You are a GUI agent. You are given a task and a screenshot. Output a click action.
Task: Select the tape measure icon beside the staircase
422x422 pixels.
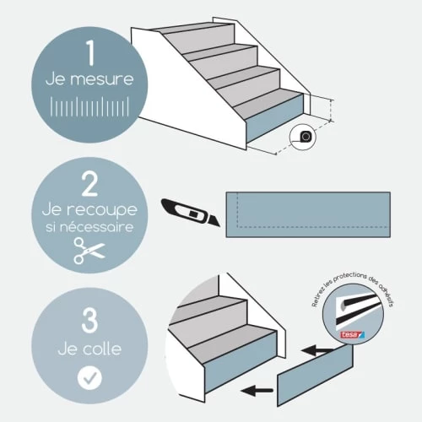[x=303, y=136]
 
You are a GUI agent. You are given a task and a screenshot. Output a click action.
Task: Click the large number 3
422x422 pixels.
[x=90, y=322]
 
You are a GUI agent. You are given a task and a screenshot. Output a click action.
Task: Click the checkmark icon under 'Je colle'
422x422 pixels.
[x=89, y=378]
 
